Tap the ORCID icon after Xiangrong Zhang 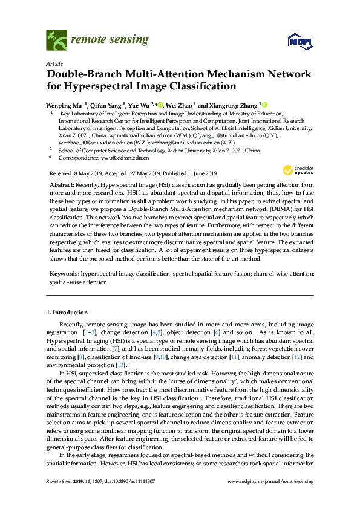264,104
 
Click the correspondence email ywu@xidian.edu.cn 126,157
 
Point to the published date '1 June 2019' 208,172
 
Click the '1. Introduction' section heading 67,313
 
